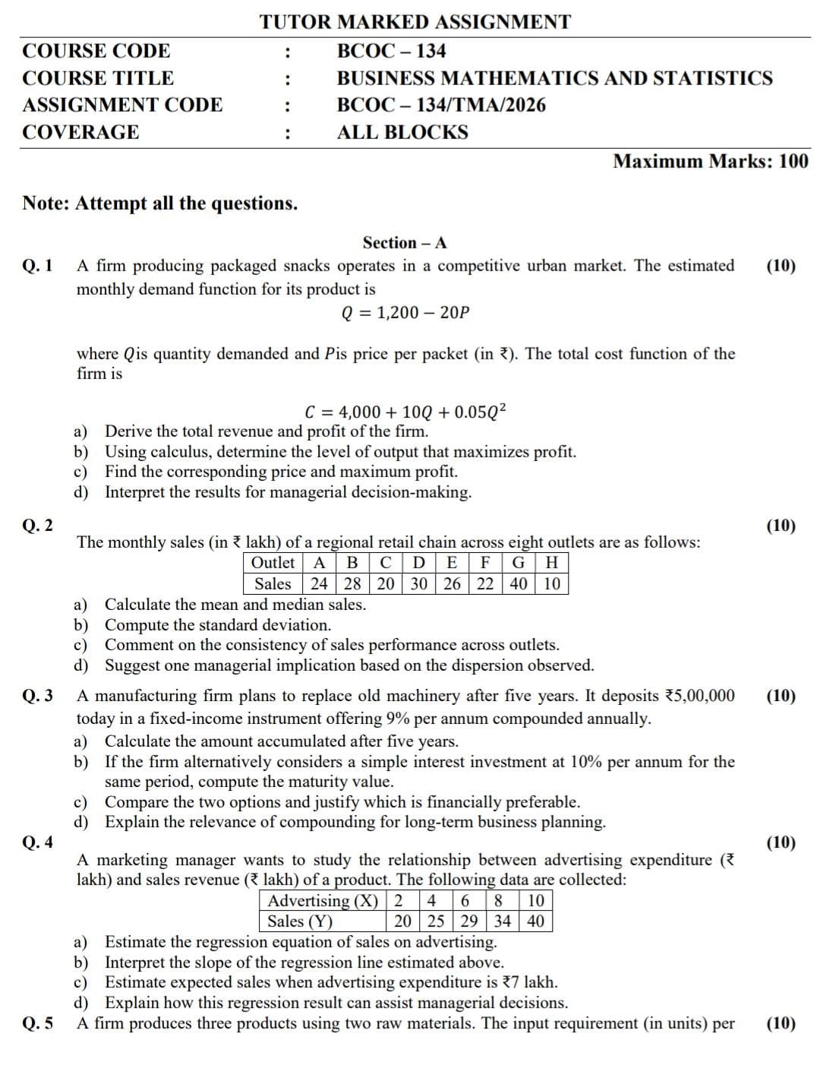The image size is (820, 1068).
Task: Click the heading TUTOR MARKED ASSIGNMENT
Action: [x=415, y=22]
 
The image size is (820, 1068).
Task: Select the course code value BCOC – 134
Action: [x=391, y=51]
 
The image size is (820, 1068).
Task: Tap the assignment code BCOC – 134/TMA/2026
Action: [x=441, y=105]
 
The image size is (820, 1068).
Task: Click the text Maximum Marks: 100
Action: [x=711, y=161]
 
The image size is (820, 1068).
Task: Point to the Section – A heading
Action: [x=405, y=243]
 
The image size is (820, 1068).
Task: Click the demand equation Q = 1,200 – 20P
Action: [x=405, y=312]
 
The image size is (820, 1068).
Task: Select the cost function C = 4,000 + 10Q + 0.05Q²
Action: [x=405, y=412]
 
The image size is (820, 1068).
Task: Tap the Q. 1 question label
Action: [x=38, y=266]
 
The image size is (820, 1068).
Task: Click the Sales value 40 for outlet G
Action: [x=519, y=583]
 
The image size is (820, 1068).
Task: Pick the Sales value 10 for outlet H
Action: [x=552, y=583]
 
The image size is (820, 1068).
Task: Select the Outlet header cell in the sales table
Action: [x=273, y=563]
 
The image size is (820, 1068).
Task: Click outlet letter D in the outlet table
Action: [x=418, y=563]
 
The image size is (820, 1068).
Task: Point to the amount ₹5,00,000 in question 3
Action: [x=699, y=696]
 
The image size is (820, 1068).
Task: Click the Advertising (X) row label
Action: [x=323, y=901]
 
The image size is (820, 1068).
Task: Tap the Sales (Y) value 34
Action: [x=502, y=921]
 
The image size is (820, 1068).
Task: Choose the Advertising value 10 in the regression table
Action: [x=535, y=901]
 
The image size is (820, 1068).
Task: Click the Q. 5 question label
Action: [x=38, y=1023]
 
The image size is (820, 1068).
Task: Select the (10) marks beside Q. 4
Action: [x=781, y=842]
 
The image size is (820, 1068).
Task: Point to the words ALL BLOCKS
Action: [x=402, y=132]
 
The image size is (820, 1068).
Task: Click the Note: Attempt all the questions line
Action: [x=160, y=204]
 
